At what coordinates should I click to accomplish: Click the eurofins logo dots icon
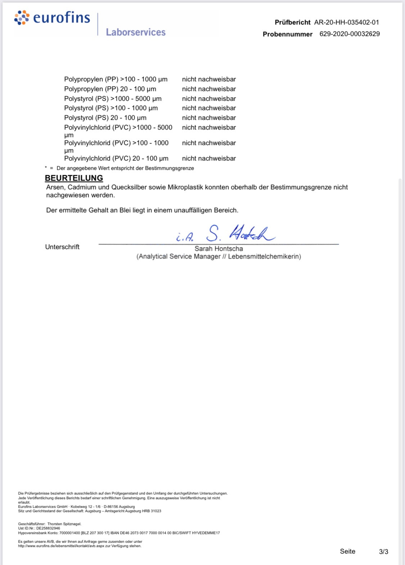22,18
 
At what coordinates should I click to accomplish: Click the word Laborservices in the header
136,32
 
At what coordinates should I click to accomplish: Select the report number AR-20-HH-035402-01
346,22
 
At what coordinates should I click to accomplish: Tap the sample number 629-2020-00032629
350,34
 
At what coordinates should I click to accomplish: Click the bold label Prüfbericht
292,22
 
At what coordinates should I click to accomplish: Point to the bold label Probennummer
287,34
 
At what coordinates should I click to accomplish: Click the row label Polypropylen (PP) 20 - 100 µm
110,89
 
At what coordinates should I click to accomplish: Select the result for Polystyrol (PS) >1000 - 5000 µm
209,99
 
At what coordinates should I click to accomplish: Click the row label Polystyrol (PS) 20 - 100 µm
105,118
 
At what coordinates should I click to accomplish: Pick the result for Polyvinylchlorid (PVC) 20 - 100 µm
209,158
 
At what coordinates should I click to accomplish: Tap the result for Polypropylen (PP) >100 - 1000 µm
209,79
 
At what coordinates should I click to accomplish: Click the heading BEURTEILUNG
74,178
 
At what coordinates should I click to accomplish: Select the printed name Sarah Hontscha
219,249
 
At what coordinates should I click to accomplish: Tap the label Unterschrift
62,247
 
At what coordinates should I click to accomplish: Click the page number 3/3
383,552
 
